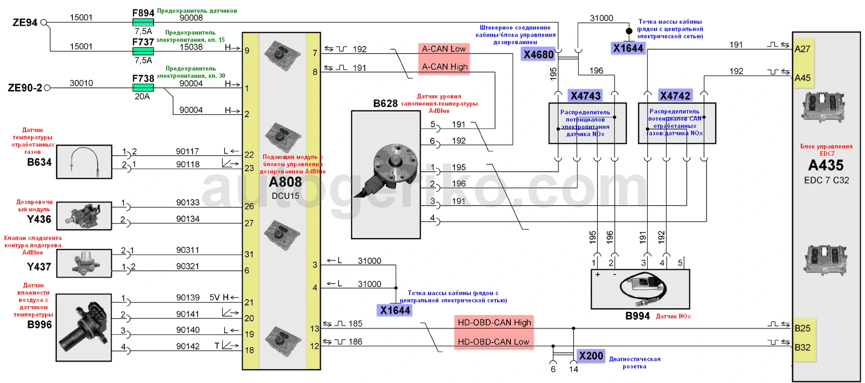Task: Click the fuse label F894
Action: (143, 13)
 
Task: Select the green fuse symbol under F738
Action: (142, 88)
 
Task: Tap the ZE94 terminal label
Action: (25, 22)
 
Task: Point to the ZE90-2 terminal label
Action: (25, 88)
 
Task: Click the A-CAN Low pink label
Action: (443, 49)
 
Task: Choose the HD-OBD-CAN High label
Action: (494, 323)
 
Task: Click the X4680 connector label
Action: (538, 55)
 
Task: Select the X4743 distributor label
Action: (585, 96)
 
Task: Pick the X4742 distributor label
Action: (675, 96)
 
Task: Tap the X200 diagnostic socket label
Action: (591, 356)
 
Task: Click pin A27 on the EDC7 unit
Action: (802, 49)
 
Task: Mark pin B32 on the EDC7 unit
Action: (802, 347)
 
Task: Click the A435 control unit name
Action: (826, 165)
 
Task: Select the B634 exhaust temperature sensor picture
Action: (84, 162)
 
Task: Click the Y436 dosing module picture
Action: (84, 215)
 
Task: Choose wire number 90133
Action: (188, 202)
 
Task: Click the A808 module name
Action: (285, 182)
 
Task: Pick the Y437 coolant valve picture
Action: (84, 263)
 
